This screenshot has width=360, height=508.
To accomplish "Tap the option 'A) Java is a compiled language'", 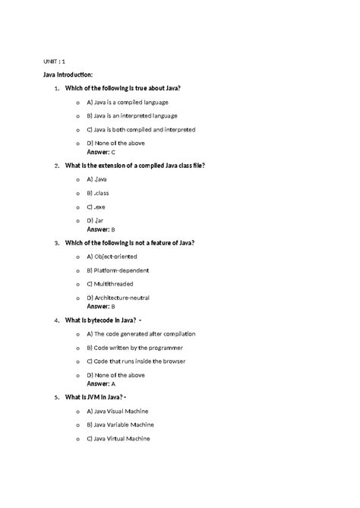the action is [x=127, y=101].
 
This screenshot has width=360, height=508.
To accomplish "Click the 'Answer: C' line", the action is [x=102, y=152].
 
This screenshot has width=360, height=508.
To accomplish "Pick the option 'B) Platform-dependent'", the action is [x=118, y=270].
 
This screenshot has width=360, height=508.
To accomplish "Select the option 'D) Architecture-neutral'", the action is [x=122, y=298].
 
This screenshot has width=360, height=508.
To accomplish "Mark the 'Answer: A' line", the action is [x=102, y=384].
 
